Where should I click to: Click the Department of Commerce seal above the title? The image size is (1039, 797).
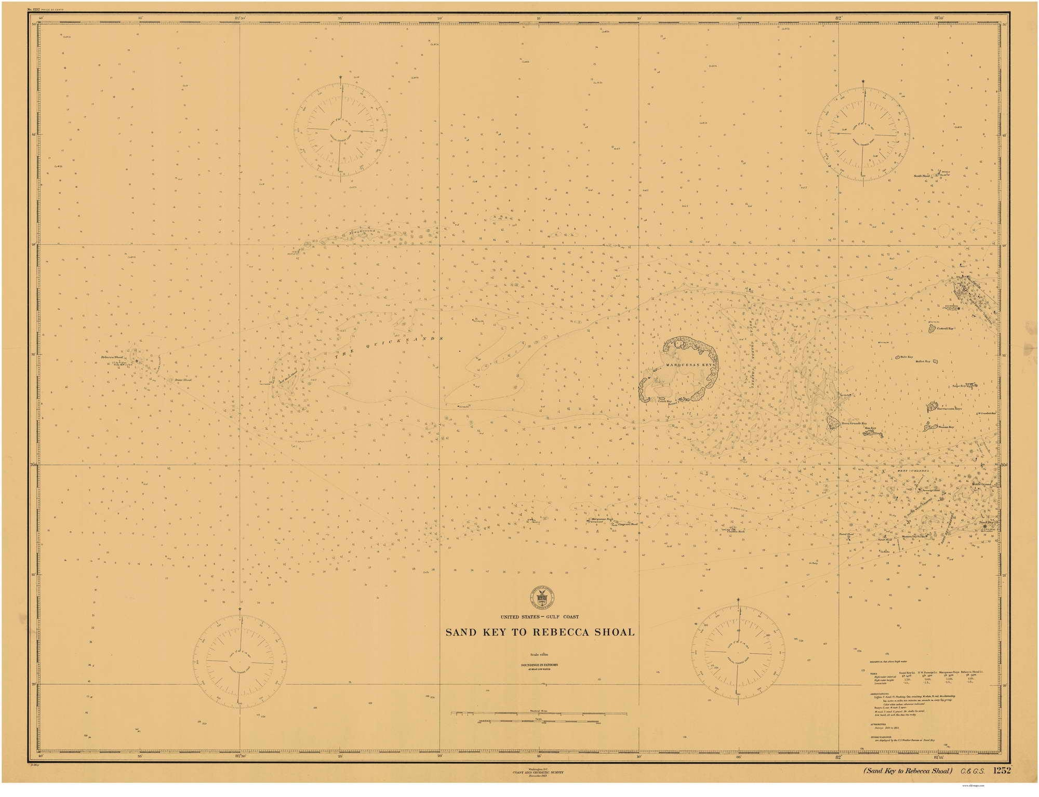tap(540, 599)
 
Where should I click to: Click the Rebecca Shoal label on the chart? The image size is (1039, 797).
tap(112, 358)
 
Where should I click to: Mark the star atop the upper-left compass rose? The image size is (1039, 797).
tap(340, 77)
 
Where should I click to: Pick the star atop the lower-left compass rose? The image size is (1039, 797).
tap(240, 609)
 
